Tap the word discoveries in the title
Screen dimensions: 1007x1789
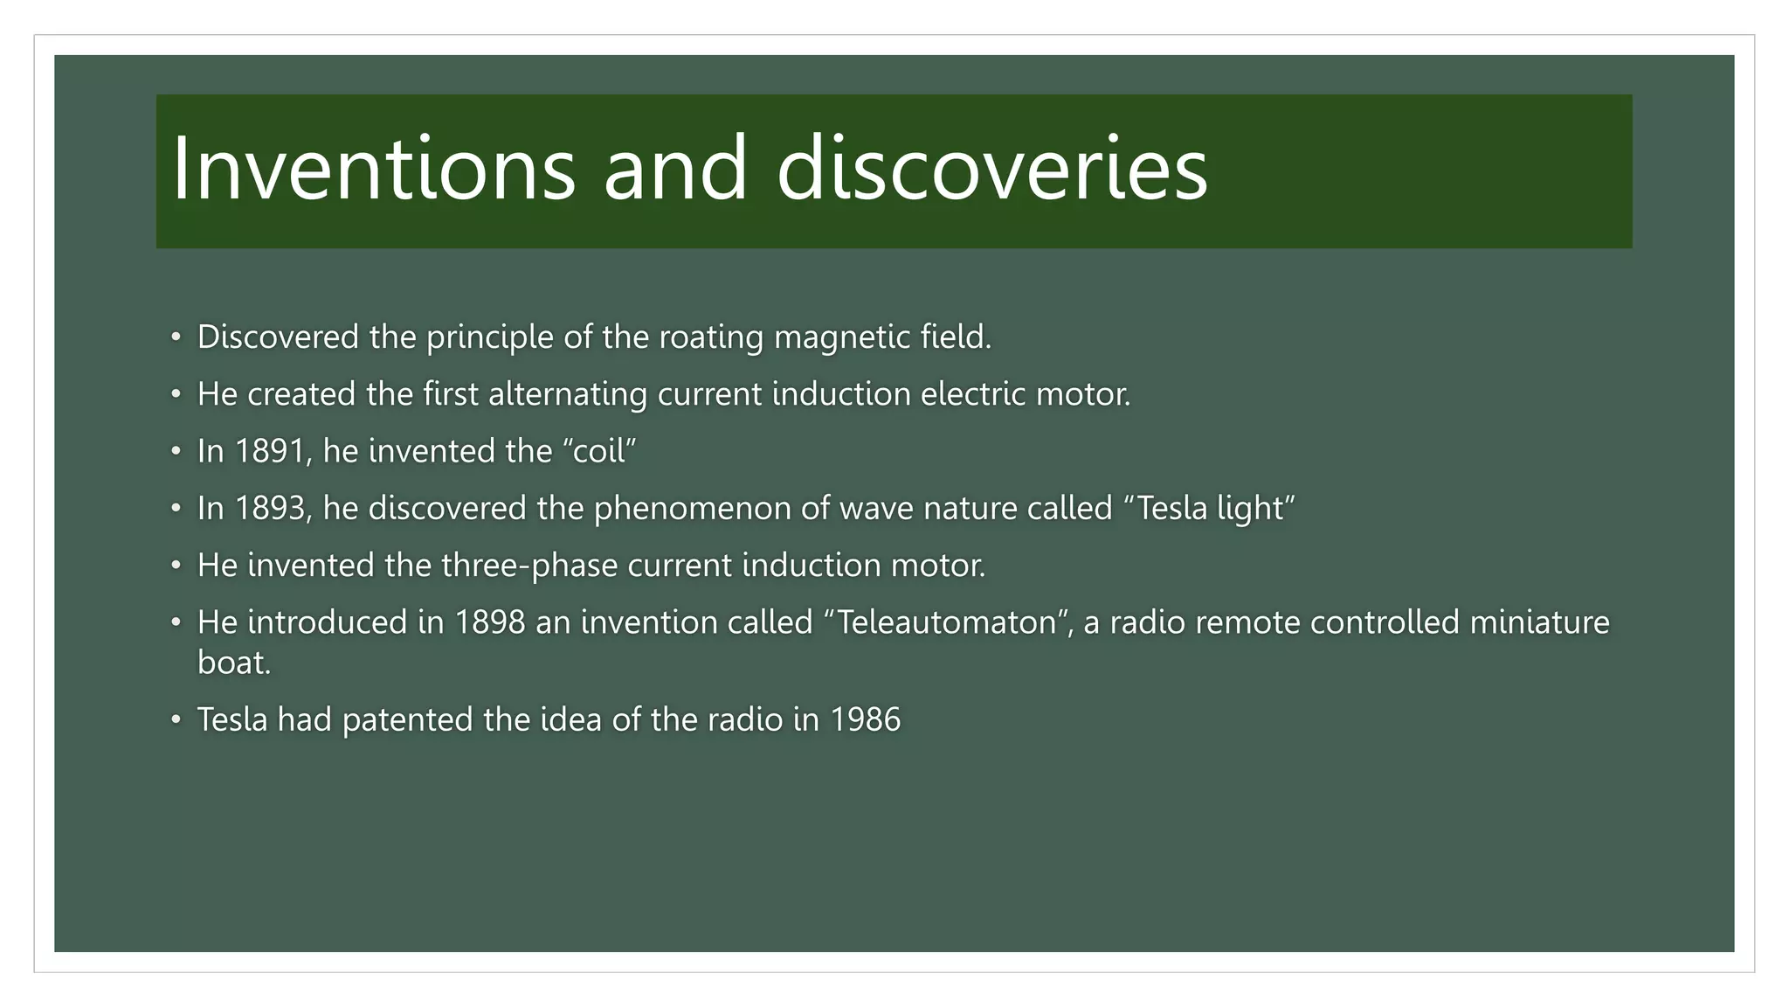click(x=992, y=169)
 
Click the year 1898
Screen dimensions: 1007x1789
click(x=490, y=622)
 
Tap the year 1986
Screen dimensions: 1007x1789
click(x=865, y=719)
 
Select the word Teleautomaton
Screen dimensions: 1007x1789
click(x=947, y=622)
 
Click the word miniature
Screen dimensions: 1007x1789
click(x=1539, y=622)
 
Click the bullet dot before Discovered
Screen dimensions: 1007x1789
click(x=176, y=337)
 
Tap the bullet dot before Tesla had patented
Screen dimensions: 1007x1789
click(x=176, y=719)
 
